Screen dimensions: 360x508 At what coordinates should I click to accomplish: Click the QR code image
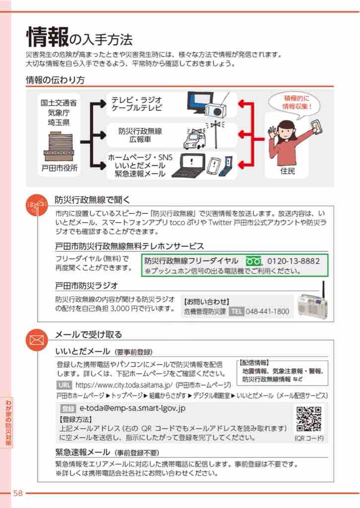309,419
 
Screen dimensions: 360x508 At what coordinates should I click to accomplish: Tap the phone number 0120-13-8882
293,261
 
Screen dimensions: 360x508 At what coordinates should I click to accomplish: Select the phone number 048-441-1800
267,312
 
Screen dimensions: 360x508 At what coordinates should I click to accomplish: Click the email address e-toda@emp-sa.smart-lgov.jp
132,408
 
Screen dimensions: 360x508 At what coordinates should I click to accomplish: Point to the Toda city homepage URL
124,385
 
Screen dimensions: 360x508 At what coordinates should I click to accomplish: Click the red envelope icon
37,340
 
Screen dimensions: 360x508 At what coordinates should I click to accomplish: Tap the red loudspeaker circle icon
37,205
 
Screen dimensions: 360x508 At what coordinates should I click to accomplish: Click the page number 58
18,493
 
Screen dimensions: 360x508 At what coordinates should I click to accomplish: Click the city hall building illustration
60,146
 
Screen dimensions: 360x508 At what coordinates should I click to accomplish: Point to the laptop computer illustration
188,166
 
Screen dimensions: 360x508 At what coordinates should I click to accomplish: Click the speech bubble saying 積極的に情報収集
294,103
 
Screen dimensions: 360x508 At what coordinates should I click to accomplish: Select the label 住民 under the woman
288,171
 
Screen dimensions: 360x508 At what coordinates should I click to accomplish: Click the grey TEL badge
236,312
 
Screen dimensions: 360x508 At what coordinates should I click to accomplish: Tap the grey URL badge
65,385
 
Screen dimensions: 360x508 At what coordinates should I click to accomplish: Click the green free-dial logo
253,261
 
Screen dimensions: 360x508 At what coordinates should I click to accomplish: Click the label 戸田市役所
60,168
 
